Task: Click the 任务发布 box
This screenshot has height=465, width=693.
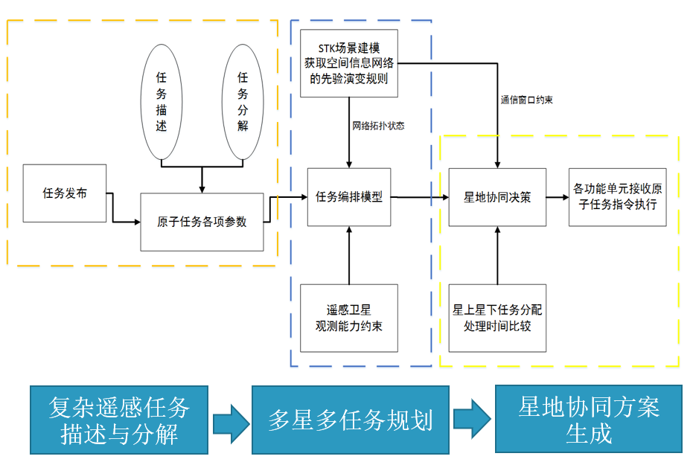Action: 65,193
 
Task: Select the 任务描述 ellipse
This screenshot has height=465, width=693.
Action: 162,102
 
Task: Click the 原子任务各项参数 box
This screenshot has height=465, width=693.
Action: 202,222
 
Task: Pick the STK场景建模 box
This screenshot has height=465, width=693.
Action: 349,63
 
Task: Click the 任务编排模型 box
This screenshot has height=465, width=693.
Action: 349,197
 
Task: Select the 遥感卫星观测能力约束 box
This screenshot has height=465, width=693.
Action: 349,318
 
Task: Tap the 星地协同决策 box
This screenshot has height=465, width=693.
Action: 497,197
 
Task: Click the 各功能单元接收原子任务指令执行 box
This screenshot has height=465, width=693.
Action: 617,197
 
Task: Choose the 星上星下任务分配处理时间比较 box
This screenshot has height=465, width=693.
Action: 497,318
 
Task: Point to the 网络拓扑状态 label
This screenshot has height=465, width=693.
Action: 378,126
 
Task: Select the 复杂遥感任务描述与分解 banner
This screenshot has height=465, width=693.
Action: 119,420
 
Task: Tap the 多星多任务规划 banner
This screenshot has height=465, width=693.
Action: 350,420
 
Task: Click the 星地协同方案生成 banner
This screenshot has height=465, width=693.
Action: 589,420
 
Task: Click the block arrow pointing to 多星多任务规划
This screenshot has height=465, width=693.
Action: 230,421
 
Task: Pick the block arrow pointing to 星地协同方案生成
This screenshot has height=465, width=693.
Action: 472,420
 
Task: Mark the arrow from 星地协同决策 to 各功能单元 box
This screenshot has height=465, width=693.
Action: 557,197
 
